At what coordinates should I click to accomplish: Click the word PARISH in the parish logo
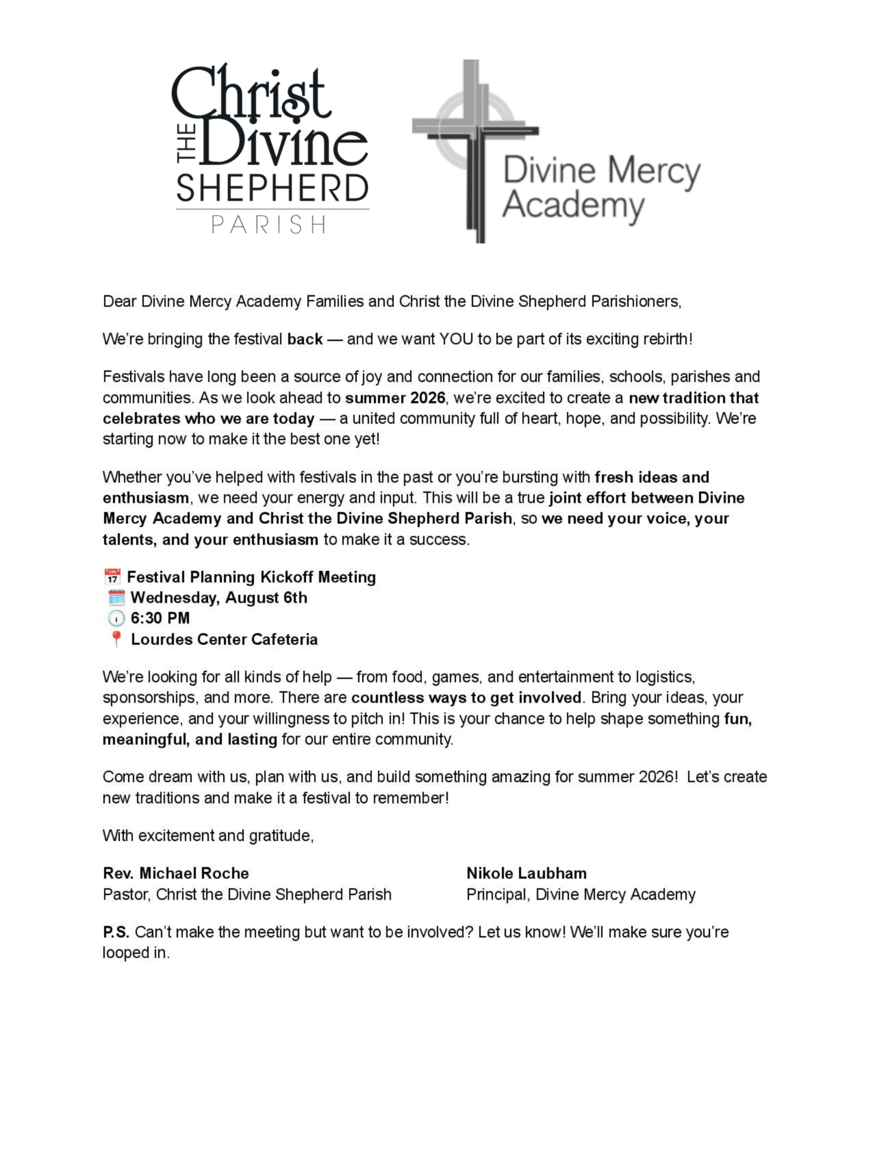(x=269, y=224)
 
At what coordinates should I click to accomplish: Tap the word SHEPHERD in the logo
(x=272, y=188)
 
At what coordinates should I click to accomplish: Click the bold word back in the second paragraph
(x=305, y=339)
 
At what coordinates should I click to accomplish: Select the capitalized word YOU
(x=456, y=339)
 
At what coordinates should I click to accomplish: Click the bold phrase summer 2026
(x=395, y=398)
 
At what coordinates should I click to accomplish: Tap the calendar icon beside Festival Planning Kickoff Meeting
(x=112, y=577)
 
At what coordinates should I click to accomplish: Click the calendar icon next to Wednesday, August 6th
(x=116, y=597)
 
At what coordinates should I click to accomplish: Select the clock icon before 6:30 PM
(x=116, y=618)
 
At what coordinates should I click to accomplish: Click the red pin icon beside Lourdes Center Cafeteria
(x=116, y=639)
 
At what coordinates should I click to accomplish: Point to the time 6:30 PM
(x=160, y=618)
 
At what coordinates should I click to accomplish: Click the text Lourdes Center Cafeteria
(x=224, y=640)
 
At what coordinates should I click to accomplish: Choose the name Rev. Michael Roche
(x=176, y=873)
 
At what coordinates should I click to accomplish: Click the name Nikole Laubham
(x=526, y=873)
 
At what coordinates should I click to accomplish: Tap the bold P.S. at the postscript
(x=116, y=932)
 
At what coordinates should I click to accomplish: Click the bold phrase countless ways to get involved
(x=466, y=698)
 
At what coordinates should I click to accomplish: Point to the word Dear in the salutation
(x=119, y=302)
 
